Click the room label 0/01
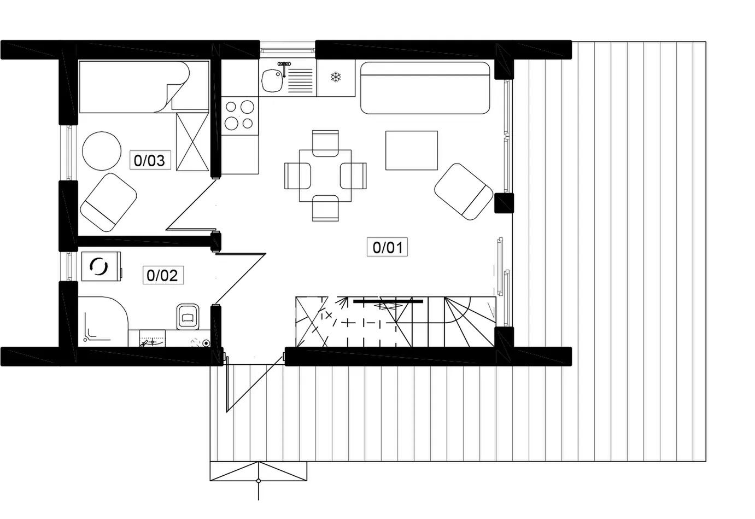(387, 247)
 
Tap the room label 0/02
(162, 275)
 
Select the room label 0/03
(150, 160)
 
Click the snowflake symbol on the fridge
(336, 77)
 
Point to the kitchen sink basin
(273, 80)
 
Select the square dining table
(325, 176)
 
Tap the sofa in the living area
(425, 88)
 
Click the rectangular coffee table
(412, 150)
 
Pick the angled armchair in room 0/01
(464, 191)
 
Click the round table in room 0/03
(102, 151)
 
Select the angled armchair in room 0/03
(108, 202)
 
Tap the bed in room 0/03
(144, 86)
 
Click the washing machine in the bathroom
(101, 266)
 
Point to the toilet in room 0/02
(188, 317)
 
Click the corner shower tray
(103, 322)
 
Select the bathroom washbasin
(153, 339)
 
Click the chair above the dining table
(325, 143)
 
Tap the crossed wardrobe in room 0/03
(192, 142)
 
